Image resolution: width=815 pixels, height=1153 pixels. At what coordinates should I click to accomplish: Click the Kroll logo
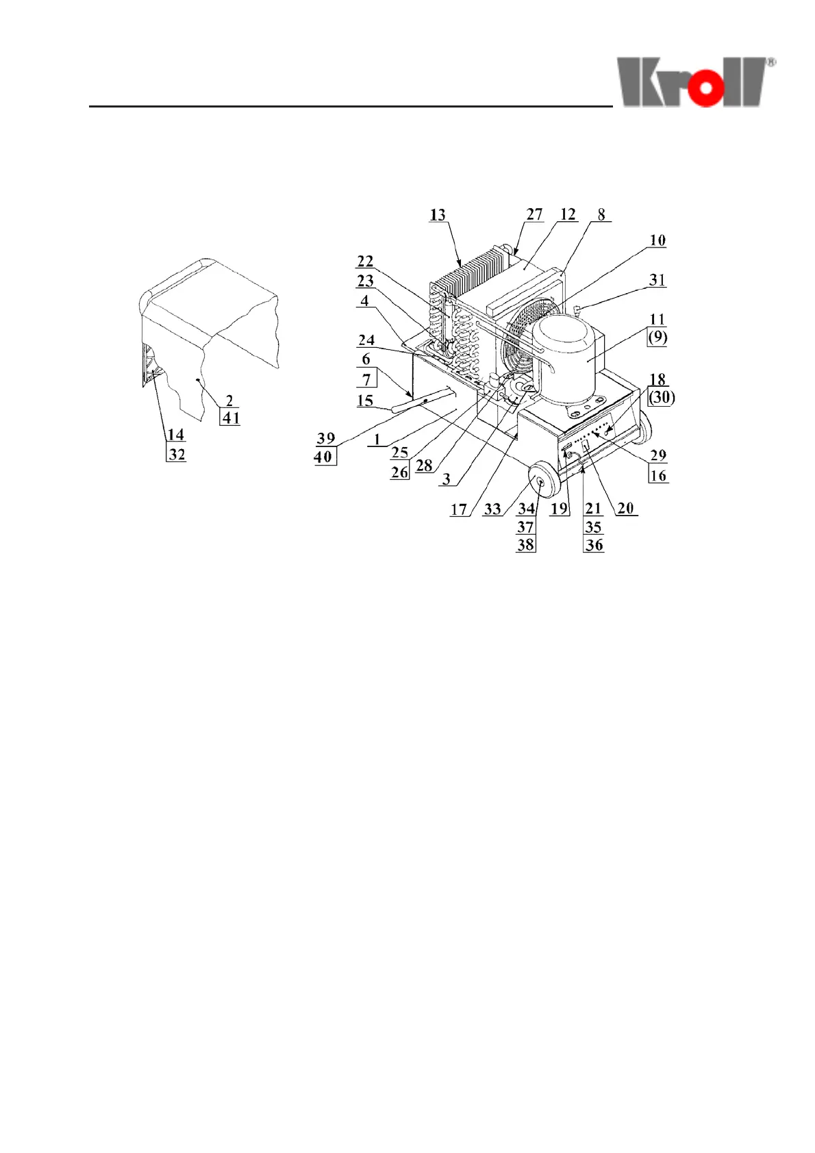(x=696, y=82)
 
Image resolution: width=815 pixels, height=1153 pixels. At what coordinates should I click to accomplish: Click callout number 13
(x=438, y=215)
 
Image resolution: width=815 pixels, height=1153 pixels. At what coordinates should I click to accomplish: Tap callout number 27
(x=534, y=214)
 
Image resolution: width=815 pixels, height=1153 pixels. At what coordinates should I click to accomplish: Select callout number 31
(x=657, y=279)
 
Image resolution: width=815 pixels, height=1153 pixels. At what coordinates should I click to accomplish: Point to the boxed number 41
(x=230, y=418)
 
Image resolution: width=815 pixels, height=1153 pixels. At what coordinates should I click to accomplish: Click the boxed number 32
(x=177, y=454)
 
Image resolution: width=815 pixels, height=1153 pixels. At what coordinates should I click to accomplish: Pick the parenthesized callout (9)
(x=657, y=337)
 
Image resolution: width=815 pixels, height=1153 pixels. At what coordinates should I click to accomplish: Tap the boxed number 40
(x=323, y=457)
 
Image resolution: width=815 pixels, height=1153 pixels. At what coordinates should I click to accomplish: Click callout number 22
(x=365, y=262)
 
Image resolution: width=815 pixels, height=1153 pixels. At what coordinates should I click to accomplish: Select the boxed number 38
(x=525, y=545)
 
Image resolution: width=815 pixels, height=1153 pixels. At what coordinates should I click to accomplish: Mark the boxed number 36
(x=594, y=545)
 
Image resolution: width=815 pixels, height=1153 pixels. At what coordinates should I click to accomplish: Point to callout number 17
(x=458, y=509)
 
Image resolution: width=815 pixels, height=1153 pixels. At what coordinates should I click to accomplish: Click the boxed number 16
(x=658, y=475)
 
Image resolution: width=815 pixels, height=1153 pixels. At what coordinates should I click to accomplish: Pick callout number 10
(x=657, y=240)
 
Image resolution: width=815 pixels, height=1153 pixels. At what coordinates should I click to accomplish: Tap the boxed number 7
(x=366, y=379)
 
